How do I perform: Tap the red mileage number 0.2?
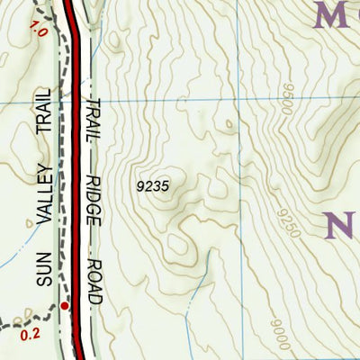(x=30, y=334)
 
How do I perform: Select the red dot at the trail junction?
(x=66, y=306)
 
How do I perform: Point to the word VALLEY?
(x=47, y=203)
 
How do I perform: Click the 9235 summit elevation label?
(x=154, y=186)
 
